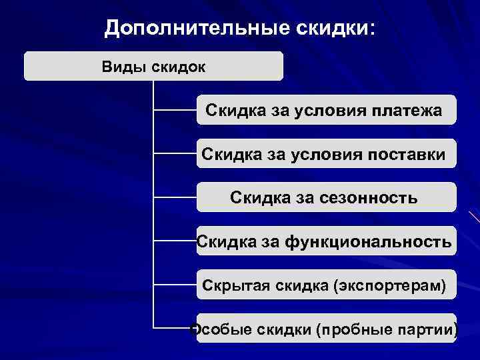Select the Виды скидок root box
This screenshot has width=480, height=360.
[153, 67]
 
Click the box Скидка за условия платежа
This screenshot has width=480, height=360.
[326, 110]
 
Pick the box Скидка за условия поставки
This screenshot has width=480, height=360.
[326, 154]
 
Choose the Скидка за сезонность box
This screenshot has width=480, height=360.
[326, 198]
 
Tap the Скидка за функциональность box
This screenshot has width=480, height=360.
[326, 241]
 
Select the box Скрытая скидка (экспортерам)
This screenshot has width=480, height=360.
[326, 285]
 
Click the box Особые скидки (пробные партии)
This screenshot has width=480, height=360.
[326, 329]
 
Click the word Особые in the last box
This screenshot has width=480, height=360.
[215, 329]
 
